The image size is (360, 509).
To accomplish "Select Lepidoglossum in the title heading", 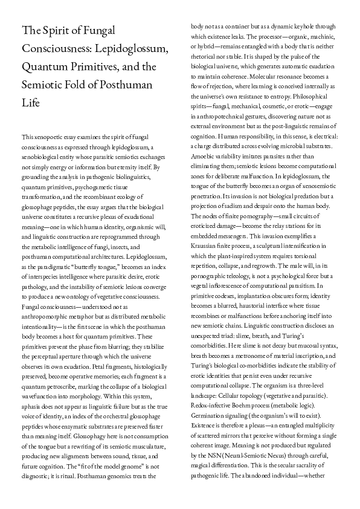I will tap(131, 47).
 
